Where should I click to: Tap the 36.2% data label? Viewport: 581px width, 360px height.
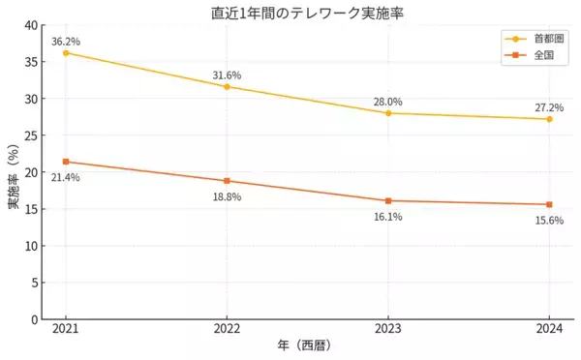[x=66, y=42]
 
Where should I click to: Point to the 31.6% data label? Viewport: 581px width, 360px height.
[x=227, y=75]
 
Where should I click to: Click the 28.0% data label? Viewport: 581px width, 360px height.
[x=387, y=102]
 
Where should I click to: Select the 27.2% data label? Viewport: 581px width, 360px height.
[x=548, y=107]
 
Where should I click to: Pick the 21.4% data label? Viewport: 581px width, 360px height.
[x=66, y=177]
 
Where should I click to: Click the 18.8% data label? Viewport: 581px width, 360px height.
[x=227, y=196]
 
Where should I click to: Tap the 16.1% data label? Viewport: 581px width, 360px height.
[x=387, y=217]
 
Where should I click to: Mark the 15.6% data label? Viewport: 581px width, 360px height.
[x=548, y=221]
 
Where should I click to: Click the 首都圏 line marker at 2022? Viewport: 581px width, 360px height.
[x=227, y=87]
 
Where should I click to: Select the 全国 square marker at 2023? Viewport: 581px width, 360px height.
[x=387, y=200]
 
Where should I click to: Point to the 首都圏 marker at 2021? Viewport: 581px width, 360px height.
[x=66, y=52]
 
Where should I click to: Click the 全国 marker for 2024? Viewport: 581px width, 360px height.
[x=548, y=204]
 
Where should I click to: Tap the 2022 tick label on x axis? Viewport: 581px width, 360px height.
[x=227, y=329]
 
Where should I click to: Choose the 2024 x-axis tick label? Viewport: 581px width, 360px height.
[x=548, y=329]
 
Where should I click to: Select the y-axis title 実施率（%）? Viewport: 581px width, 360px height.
[x=13, y=172]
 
